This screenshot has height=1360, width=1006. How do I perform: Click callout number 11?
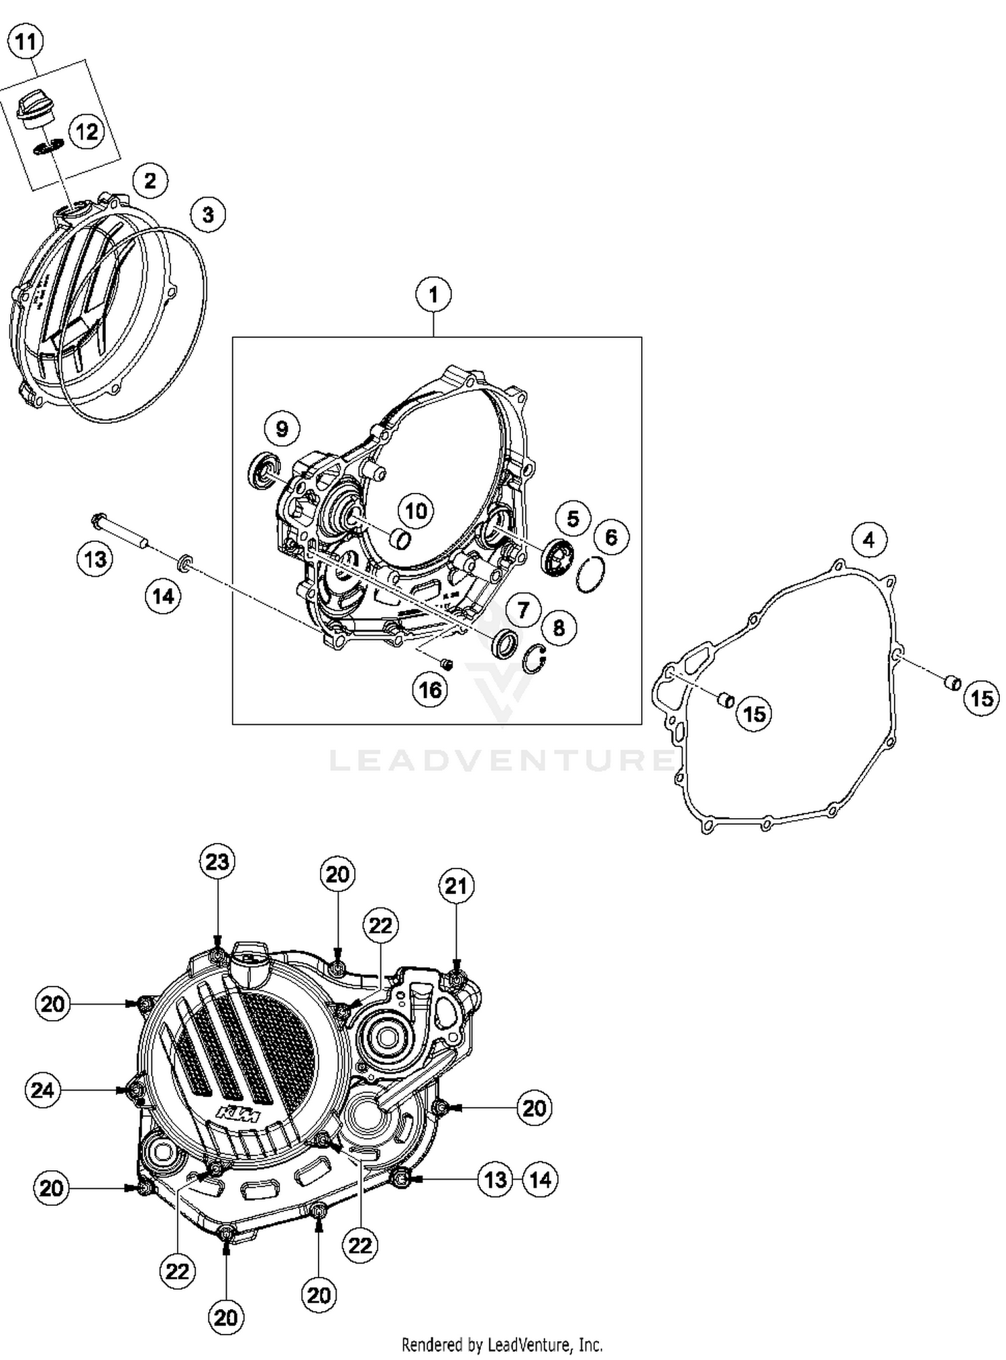25,42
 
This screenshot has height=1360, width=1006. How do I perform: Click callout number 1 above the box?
433,294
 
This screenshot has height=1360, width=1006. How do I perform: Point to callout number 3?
208,215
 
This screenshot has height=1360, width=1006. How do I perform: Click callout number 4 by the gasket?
869,540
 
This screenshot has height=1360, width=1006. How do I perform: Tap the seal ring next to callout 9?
263,468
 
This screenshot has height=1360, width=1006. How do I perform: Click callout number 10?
416,511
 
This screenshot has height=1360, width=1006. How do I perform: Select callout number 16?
430,689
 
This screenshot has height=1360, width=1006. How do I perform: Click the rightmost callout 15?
982,699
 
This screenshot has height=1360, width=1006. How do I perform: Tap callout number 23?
217,862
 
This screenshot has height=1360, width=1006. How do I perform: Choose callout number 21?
456,886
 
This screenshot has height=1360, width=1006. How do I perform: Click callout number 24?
42,1090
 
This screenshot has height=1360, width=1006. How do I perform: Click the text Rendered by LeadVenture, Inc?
502,1345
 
